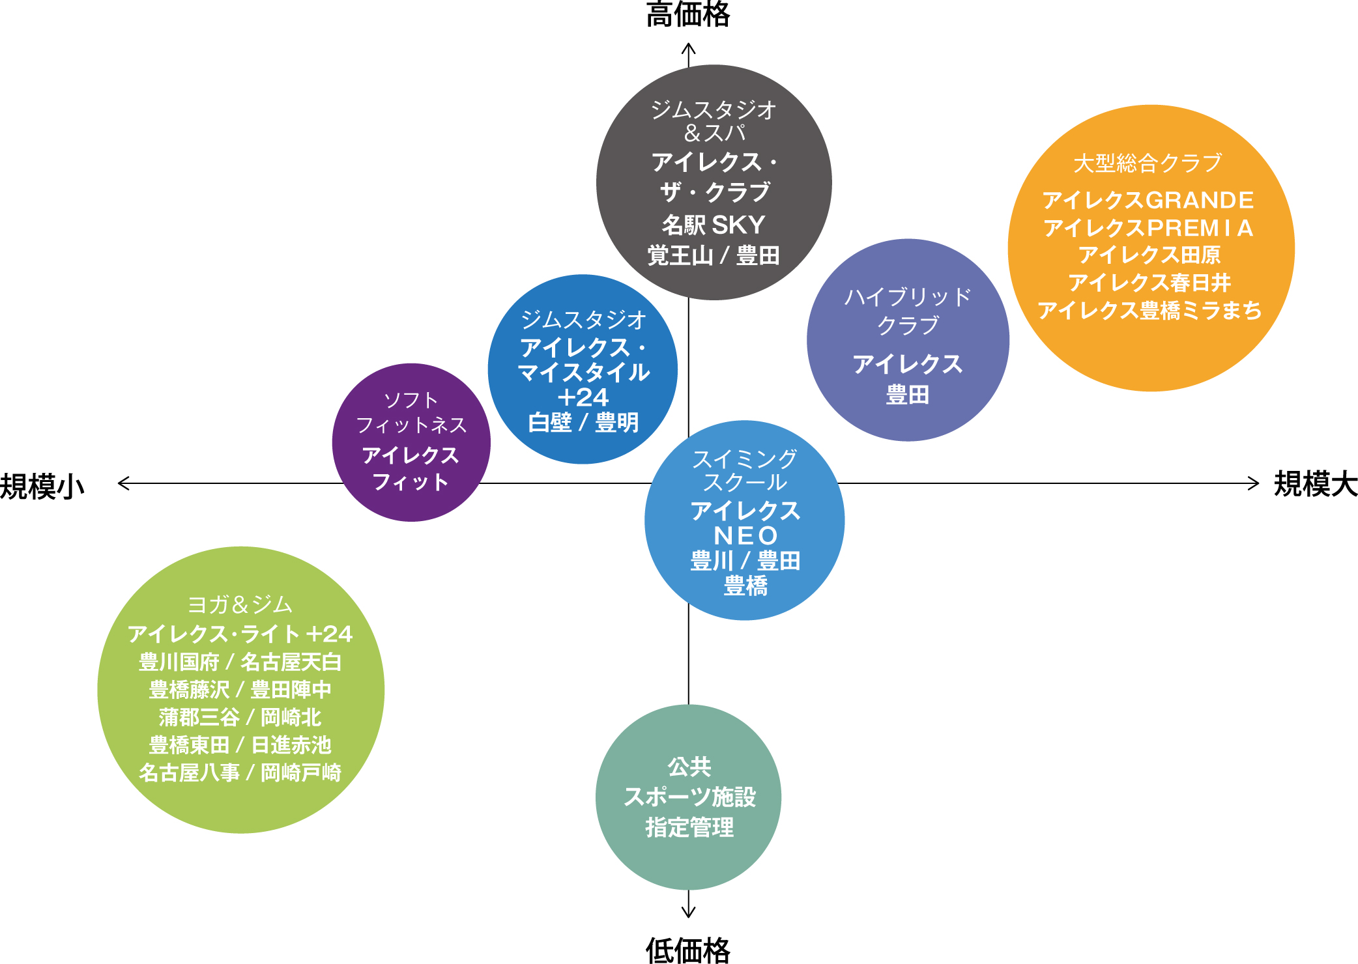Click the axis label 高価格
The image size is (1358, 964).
coord(688,14)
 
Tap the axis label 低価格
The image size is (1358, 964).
coord(688,950)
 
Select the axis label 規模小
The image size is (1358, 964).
coord(42,487)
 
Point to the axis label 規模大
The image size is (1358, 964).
coord(1316,484)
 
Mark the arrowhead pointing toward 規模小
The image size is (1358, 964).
coord(123,483)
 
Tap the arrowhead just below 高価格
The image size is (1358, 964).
coord(689,49)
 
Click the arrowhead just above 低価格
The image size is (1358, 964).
coord(689,912)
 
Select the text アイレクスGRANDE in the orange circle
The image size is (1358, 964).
coord(1148,200)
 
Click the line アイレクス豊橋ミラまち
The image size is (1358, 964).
coord(1149,311)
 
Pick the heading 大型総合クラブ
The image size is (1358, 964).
coord(1148,163)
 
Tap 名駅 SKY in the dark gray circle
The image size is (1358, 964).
coord(714,225)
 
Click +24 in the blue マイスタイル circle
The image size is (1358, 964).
coord(583,397)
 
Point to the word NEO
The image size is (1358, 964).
coord(745,536)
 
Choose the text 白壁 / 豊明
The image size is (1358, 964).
coord(583,423)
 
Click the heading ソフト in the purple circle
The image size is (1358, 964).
coord(411,400)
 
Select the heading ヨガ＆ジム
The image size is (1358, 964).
coord(240,605)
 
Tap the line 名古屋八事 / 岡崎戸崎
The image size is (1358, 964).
coord(240,773)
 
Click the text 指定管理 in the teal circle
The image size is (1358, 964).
coord(689,828)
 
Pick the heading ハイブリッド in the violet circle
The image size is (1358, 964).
coord(908,297)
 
